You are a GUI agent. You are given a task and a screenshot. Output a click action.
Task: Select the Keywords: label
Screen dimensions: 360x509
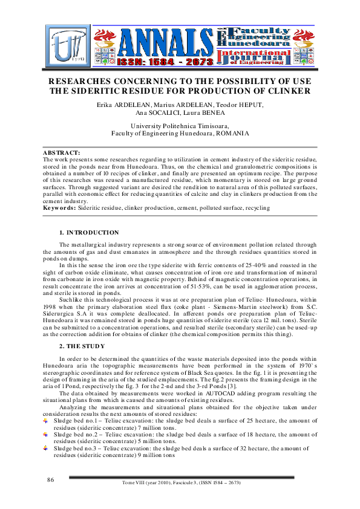click(x=59, y=207)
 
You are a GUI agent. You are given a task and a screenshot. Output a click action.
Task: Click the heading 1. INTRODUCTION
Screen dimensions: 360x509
click(x=89, y=232)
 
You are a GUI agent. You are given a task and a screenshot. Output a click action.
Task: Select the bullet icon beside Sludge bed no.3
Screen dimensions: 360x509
click(x=46, y=449)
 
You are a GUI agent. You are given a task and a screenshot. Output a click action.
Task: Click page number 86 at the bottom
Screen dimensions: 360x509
click(x=51, y=479)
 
